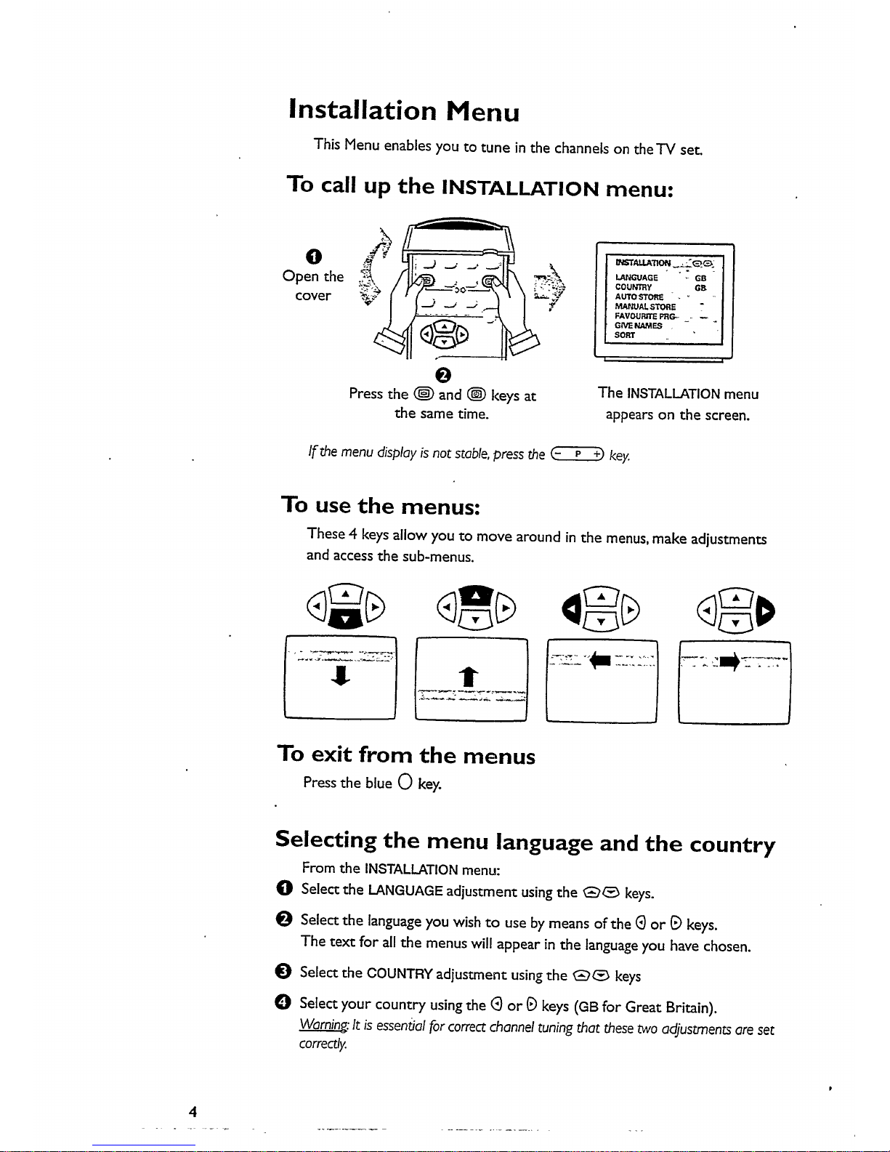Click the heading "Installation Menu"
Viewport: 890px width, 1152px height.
click(404, 110)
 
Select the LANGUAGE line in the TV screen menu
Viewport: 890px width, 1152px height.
click(636, 278)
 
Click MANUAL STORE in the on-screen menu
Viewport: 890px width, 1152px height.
click(645, 307)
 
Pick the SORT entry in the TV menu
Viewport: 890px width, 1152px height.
click(625, 335)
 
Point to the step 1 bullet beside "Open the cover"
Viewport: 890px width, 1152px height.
click(312, 256)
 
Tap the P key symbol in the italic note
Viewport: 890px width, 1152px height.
click(578, 455)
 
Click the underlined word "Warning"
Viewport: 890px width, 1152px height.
click(324, 1028)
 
